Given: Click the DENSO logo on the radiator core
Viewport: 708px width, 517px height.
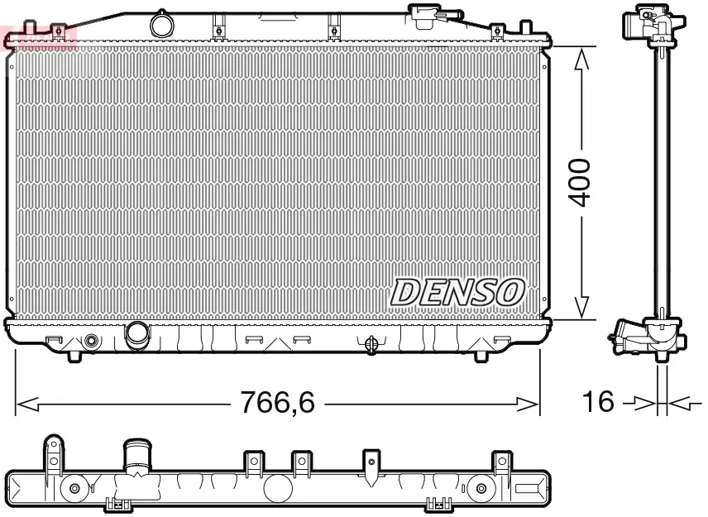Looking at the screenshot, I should coord(458,292).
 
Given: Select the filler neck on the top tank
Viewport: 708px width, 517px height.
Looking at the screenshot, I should coord(423,14).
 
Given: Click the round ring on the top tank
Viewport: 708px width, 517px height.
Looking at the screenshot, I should coord(162,24).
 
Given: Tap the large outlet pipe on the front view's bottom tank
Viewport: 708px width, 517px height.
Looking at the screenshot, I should coord(136,334).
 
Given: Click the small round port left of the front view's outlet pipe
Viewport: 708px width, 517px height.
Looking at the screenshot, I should coord(91,341).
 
